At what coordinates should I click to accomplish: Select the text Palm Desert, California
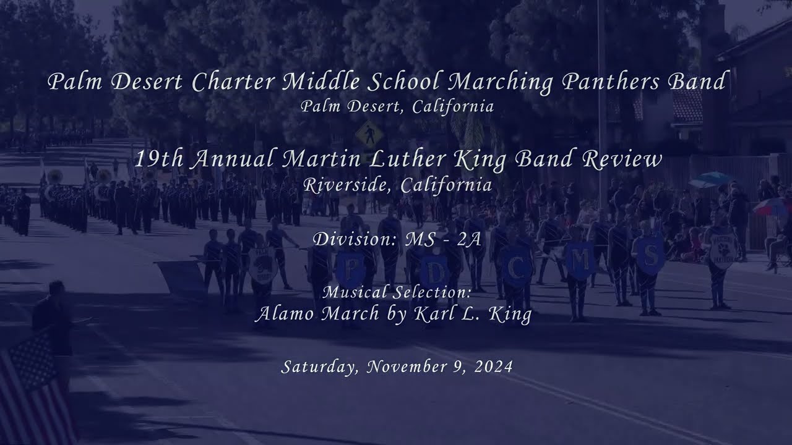click(x=397, y=107)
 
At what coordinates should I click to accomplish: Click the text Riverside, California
click(x=397, y=185)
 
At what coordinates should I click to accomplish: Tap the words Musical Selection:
click(x=397, y=291)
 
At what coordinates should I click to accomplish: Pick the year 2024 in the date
click(x=494, y=367)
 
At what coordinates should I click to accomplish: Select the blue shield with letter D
click(x=437, y=270)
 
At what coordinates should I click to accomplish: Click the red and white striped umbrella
click(x=773, y=206)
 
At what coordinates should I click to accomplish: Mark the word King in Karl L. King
click(x=510, y=314)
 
